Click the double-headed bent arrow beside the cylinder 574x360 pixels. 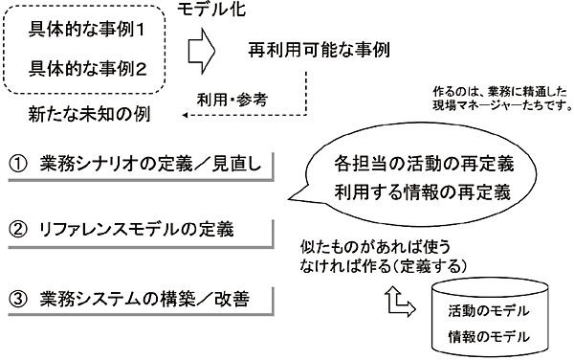[397, 302]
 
